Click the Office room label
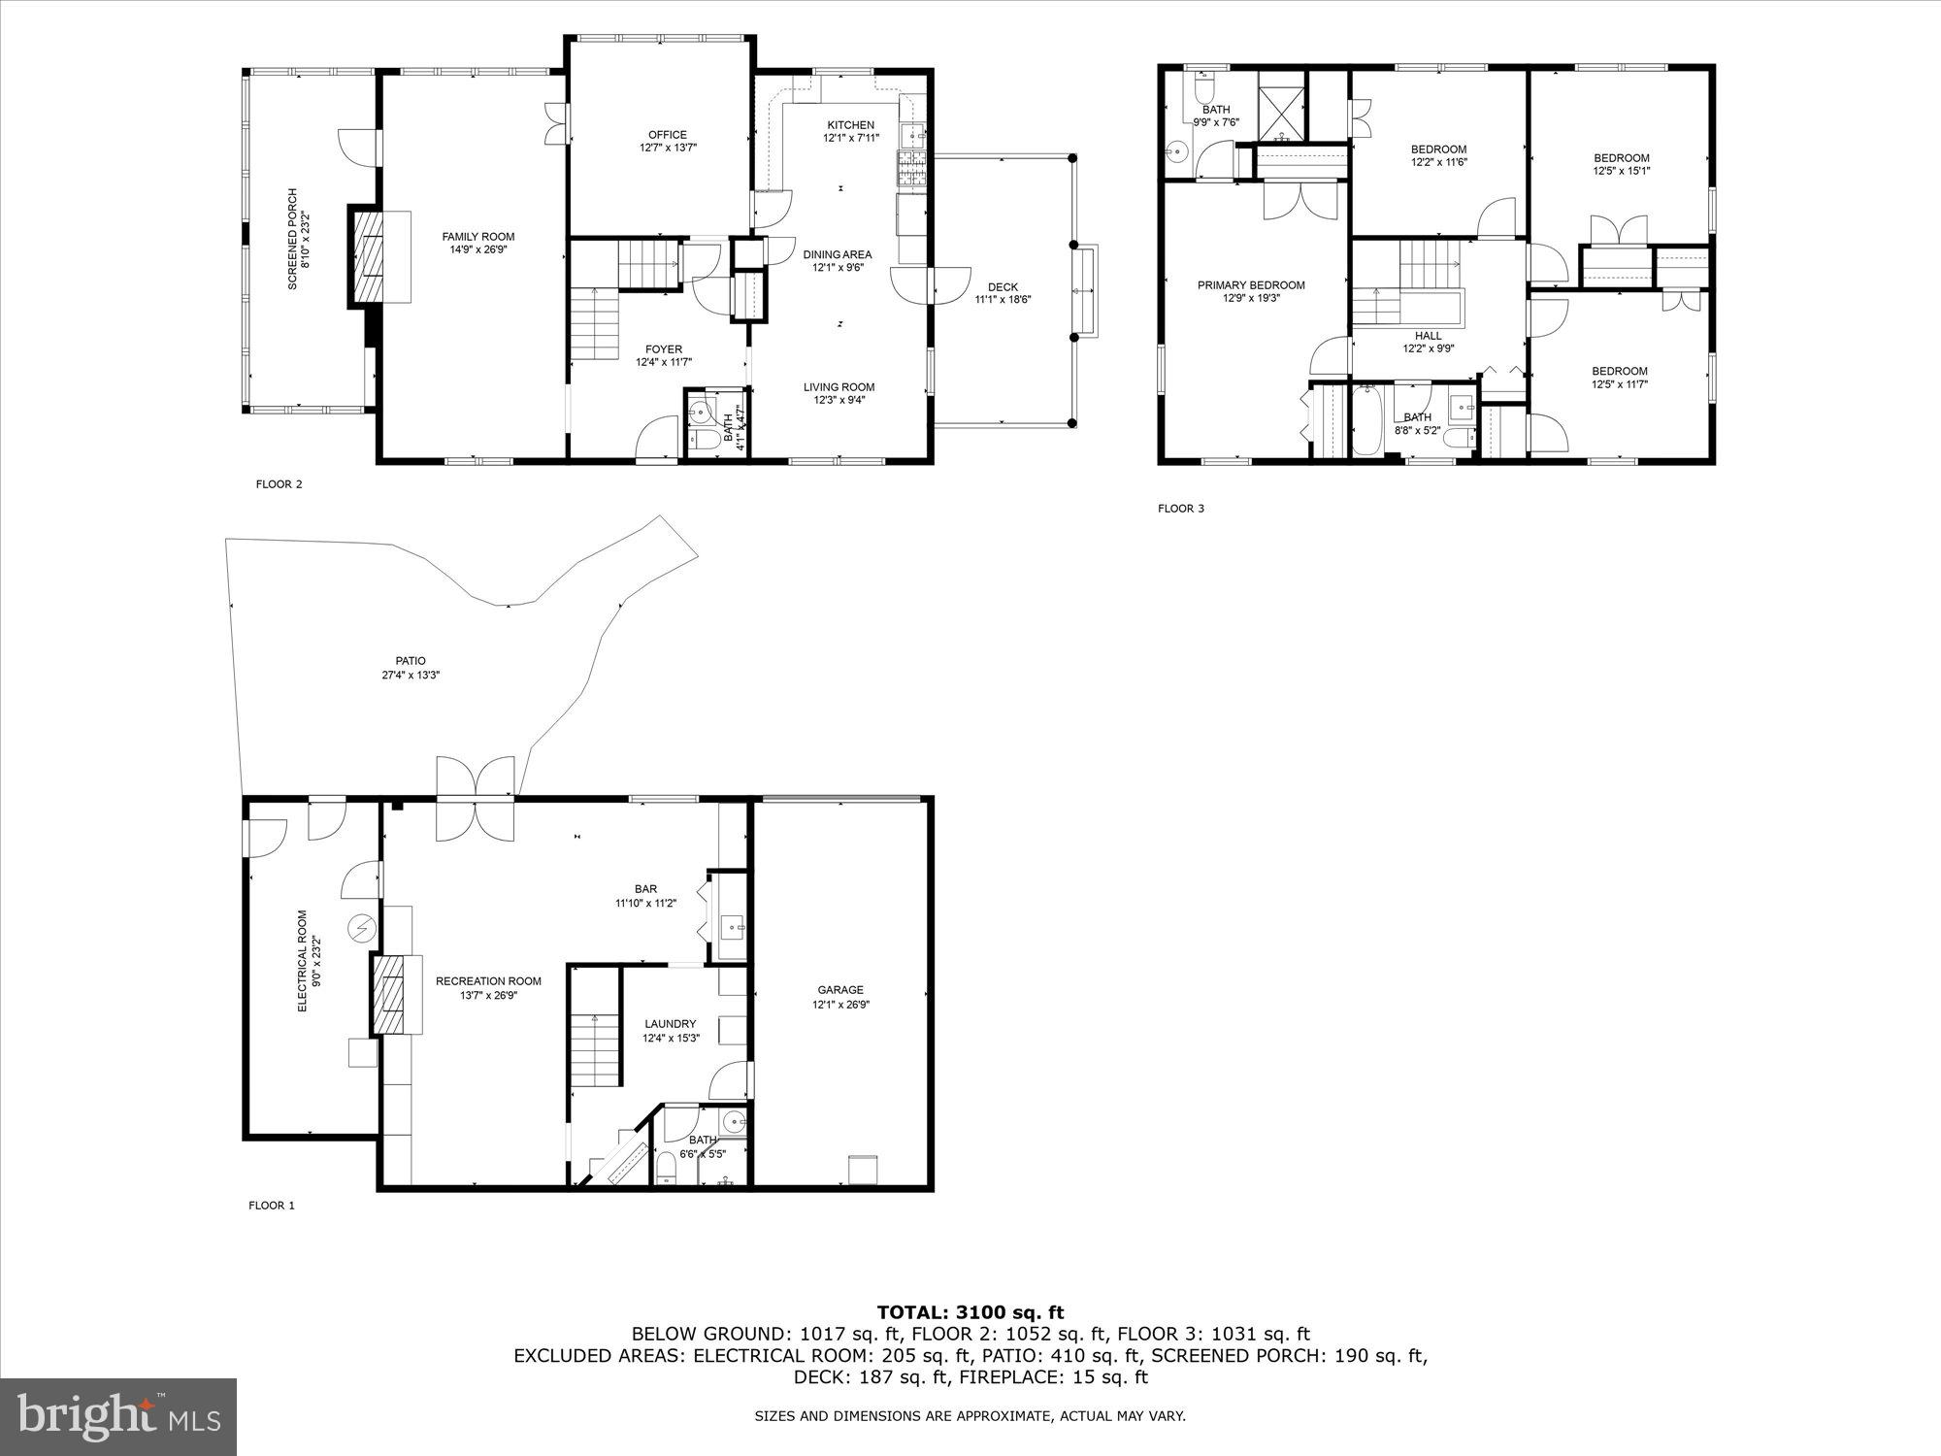[x=668, y=135]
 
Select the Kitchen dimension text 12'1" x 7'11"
[x=851, y=138]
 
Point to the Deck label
[x=1003, y=286]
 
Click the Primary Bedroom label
[x=1251, y=285]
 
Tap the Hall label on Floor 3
[x=1428, y=336]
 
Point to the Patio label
[x=411, y=661]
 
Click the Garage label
[x=839, y=990]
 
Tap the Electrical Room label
[x=302, y=961]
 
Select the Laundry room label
[x=670, y=1023]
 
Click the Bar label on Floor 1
[x=645, y=888]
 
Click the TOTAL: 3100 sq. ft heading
[x=970, y=1312]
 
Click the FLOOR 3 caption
[x=1180, y=508]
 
